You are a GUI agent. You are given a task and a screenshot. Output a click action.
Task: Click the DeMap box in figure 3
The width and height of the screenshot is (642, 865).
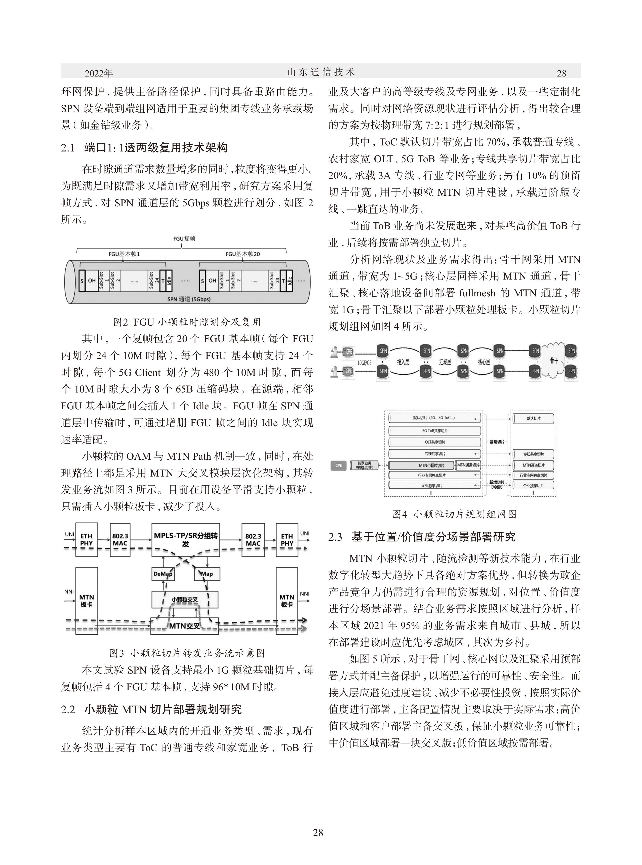pyautogui.click(x=163, y=574)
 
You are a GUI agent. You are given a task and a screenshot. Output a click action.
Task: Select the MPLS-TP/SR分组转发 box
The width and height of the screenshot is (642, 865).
pyautogui.click(x=185, y=539)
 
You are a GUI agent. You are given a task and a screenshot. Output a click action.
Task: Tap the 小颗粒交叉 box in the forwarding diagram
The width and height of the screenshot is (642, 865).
pyautogui.click(x=185, y=600)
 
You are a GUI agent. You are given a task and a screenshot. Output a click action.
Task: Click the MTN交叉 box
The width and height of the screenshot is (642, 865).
pyautogui.click(x=185, y=626)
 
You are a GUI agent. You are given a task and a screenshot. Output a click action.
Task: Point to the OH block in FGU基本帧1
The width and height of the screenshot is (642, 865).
pyautogui.click(x=92, y=280)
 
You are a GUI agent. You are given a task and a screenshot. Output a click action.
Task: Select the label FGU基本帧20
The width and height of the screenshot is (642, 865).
pyautogui.click(x=243, y=254)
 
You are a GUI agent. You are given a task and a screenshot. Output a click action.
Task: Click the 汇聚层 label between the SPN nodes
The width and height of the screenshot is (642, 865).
pyautogui.click(x=445, y=362)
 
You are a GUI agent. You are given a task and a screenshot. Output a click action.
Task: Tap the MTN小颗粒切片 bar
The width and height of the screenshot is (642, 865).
pyautogui.click(x=422, y=465)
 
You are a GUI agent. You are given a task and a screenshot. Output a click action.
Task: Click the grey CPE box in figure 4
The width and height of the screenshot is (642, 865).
pyautogui.click(x=339, y=465)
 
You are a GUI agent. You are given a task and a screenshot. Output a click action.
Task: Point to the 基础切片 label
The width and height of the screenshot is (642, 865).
pyautogui.click(x=497, y=442)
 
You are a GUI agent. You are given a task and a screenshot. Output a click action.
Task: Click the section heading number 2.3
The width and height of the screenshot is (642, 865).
pyautogui.click(x=335, y=537)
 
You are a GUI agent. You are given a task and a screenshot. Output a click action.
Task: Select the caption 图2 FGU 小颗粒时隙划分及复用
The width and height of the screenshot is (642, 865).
pyautogui.click(x=187, y=322)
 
